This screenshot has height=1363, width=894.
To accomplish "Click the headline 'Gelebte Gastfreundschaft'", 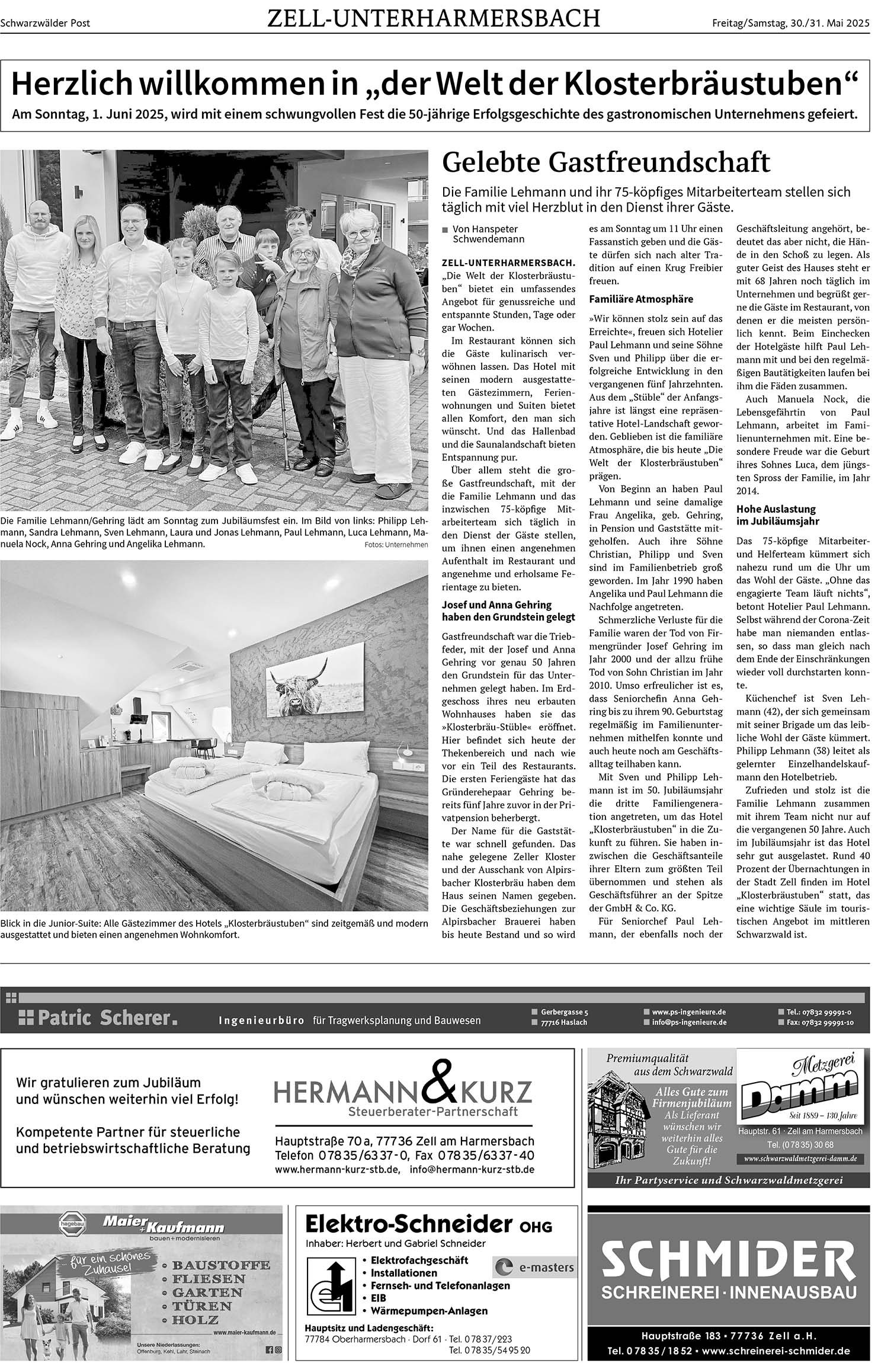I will (x=606, y=162).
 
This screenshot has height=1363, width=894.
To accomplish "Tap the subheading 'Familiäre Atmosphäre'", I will (x=633, y=299).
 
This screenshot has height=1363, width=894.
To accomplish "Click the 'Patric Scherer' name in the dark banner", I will (x=104, y=1019).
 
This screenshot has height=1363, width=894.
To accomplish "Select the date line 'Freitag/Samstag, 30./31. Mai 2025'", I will (x=790, y=23).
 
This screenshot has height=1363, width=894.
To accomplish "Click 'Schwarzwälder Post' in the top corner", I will (x=45, y=24).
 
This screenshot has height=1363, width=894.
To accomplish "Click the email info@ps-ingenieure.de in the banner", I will (x=688, y=1022).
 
